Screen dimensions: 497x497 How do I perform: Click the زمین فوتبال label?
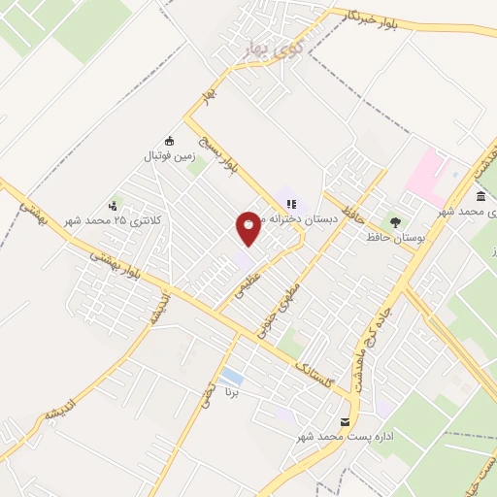(170, 154)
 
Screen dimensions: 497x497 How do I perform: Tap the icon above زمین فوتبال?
(170, 140)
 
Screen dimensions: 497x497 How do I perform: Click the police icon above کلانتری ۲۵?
(114, 205)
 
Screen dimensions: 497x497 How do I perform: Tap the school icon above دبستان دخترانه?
(289, 203)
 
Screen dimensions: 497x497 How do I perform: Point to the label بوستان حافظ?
(393, 237)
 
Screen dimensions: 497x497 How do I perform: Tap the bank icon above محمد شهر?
(481, 196)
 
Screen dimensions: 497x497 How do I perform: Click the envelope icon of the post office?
(345, 421)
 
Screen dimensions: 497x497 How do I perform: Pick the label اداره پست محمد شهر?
(346, 438)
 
